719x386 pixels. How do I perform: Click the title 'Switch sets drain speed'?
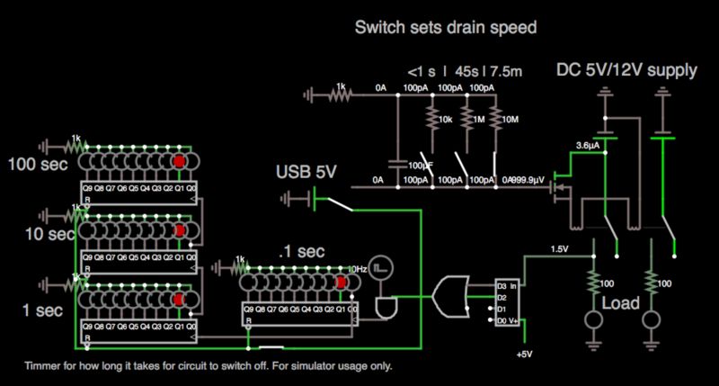pyautogui.click(x=446, y=28)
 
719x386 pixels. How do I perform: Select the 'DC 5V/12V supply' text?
pyautogui.click(x=626, y=70)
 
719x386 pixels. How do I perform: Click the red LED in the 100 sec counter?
pyautogui.click(x=179, y=161)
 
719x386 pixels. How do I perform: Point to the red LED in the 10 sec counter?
pyautogui.click(x=179, y=230)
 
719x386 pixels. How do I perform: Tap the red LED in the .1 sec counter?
pyautogui.click(x=342, y=283)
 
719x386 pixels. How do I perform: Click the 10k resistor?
pyautogui.click(x=430, y=120)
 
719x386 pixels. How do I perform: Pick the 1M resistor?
pyautogui.click(x=465, y=120)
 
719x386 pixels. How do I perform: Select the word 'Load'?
pyautogui.click(x=621, y=303)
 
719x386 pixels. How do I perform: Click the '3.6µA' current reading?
pyautogui.click(x=587, y=144)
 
